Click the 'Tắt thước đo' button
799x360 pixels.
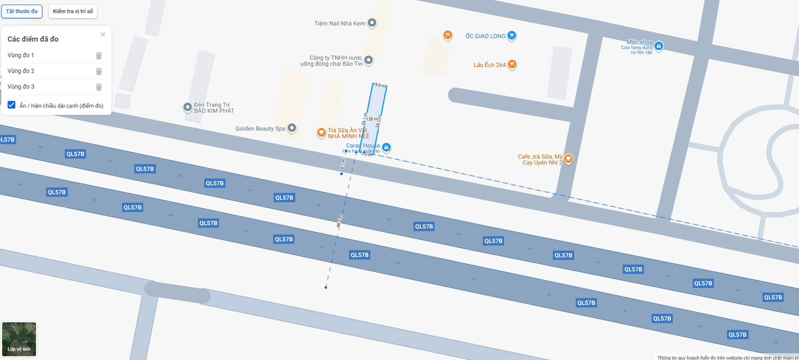click(22, 11)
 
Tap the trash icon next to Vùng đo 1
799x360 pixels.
click(99, 55)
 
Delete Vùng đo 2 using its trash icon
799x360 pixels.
click(99, 71)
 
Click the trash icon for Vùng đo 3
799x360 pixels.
click(99, 87)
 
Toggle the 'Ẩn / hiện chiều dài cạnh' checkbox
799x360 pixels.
click(11, 105)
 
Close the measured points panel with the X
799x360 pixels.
click(103, 35)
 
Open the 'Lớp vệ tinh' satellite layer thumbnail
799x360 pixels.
click(19, 339)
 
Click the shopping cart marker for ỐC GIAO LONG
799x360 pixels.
click(512, 35)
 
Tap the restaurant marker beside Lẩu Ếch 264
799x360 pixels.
click(512, 65)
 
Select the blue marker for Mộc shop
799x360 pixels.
click(658, 46)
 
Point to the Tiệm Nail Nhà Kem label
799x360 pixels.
click(340, 24)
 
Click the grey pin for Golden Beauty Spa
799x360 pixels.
click(292, 129)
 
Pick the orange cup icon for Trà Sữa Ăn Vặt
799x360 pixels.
click(321, 133)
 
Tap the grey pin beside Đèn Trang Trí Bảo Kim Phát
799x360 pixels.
click(188, 107)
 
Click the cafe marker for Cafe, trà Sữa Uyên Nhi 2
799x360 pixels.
click(568, 159)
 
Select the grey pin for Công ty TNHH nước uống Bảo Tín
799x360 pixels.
click(368, 60)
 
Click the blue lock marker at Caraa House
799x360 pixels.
click(386, 147)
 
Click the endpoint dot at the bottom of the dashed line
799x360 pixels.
click(326, 287)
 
